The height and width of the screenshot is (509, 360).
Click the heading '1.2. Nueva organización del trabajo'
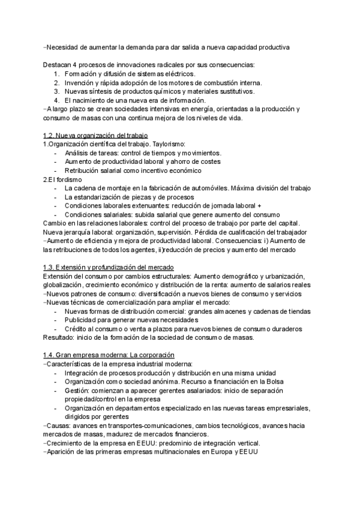click(95, 136)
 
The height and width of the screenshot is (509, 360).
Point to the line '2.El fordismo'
click(63, 179)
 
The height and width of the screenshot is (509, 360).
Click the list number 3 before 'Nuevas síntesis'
click(56, 91)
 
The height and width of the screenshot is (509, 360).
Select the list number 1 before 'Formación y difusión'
click(56, 74)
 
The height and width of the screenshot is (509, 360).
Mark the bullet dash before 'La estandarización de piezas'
click(56, 197)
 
